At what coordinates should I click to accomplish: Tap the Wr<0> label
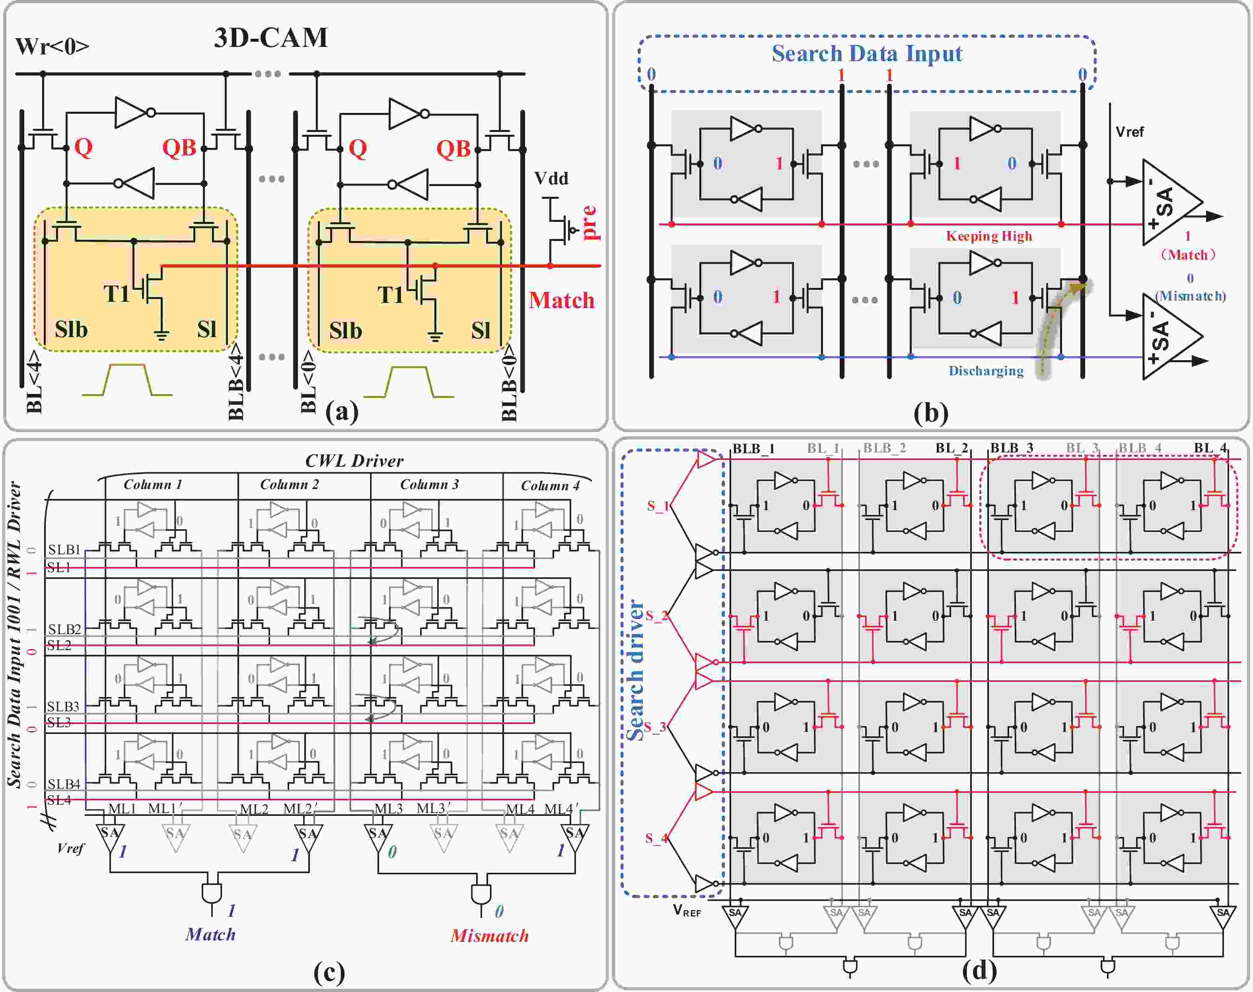(x=52, y=47)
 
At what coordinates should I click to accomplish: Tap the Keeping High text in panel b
(x=989, y=236)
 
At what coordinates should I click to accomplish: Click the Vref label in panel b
(x=1129, y=132)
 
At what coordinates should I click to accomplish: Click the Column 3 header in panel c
(x=429, y=484)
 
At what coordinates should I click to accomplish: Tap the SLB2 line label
(x=64, y=629)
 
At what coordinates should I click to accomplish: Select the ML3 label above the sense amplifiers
(x=388, y=808)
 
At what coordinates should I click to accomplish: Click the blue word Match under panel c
(x=210, y=934)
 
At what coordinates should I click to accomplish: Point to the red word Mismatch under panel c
(x=489, y=936)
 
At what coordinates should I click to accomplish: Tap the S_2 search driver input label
(x=657, y=615)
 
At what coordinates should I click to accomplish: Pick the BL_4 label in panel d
(x=1210, y=448)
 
